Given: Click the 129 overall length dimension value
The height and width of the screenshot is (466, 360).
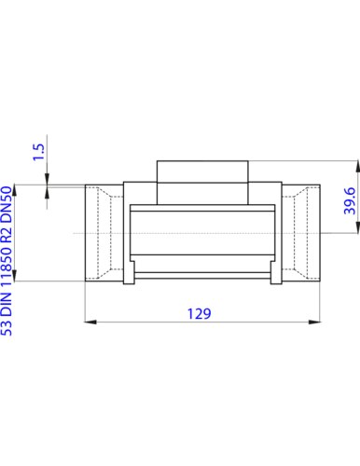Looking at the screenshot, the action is (199, 314).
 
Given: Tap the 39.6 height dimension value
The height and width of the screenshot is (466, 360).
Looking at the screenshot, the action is (350, 200).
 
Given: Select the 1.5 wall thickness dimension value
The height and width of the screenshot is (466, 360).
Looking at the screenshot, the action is (39, 152).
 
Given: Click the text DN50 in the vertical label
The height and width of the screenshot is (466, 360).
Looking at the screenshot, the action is (7, 204).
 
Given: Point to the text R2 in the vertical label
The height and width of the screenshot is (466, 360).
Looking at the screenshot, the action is (7, 235).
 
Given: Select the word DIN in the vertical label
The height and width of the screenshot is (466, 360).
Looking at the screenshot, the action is (7, 304).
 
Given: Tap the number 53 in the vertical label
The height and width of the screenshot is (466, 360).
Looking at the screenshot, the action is (7, 327).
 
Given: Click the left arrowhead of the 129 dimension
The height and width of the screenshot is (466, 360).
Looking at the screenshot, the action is (90, 322).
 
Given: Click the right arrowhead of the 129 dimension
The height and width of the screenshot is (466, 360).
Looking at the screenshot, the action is (314, 322).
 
